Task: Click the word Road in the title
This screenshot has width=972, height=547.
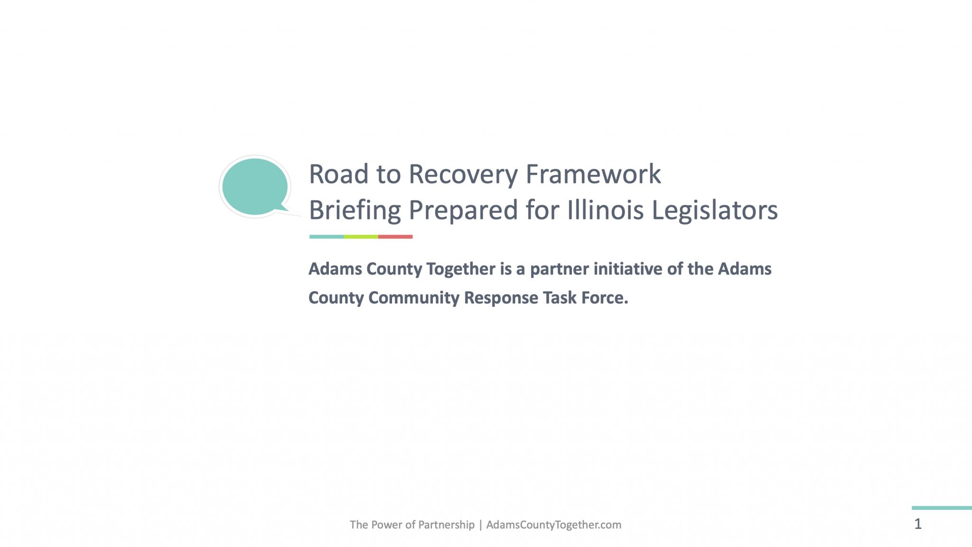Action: (x=339, y=174)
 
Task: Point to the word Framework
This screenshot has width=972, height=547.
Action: (x=593, y=174)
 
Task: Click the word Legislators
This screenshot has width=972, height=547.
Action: (x=715, y=210)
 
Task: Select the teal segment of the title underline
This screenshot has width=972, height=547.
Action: (x=327, y=236)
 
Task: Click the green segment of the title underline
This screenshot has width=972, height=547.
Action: (x=361, y=236)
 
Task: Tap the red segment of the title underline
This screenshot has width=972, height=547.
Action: (x=395, y=236)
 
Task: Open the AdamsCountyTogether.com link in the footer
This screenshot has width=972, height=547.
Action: (x=554, y=525)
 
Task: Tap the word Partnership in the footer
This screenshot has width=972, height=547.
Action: (x=447, y=525)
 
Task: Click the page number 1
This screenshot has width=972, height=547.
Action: (x=918, y=524)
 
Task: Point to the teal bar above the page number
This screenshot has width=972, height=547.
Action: (x=942, y=508)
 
